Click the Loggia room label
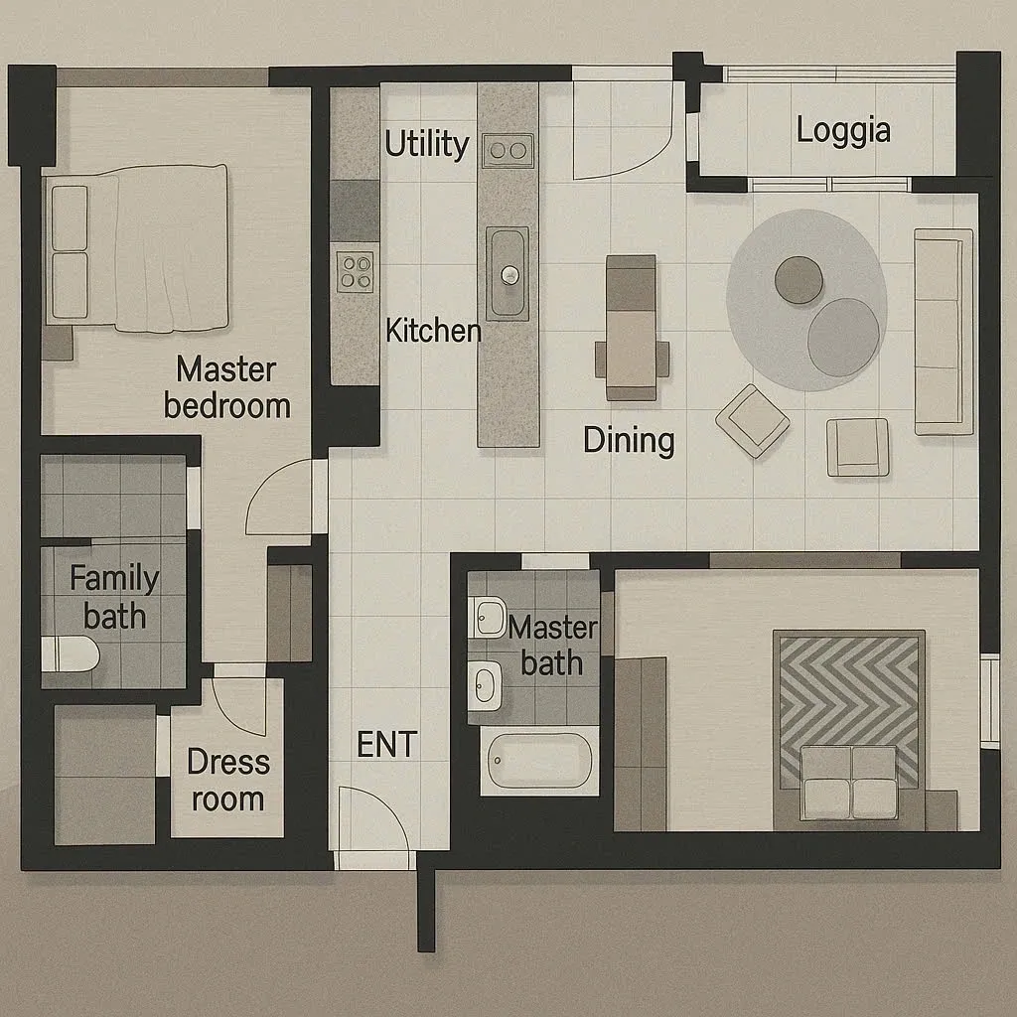tap(843, 130)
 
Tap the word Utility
tap(427, 143)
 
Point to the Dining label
tap(629, 441)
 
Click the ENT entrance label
tap(386, 744)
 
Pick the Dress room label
tap(227, 781)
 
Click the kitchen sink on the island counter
tap(508, 273)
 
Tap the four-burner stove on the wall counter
tap(355, 272)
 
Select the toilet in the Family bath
tap(71, 654)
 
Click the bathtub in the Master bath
tap(540, 760)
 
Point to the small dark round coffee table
tap(799, 279)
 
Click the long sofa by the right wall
tap(944, 332)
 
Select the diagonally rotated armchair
tap(753, 420)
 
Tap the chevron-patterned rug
tap(848, 711)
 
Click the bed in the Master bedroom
tap(136, 248)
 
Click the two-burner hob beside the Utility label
tap(508, 151)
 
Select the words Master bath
tap(552, 646)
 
